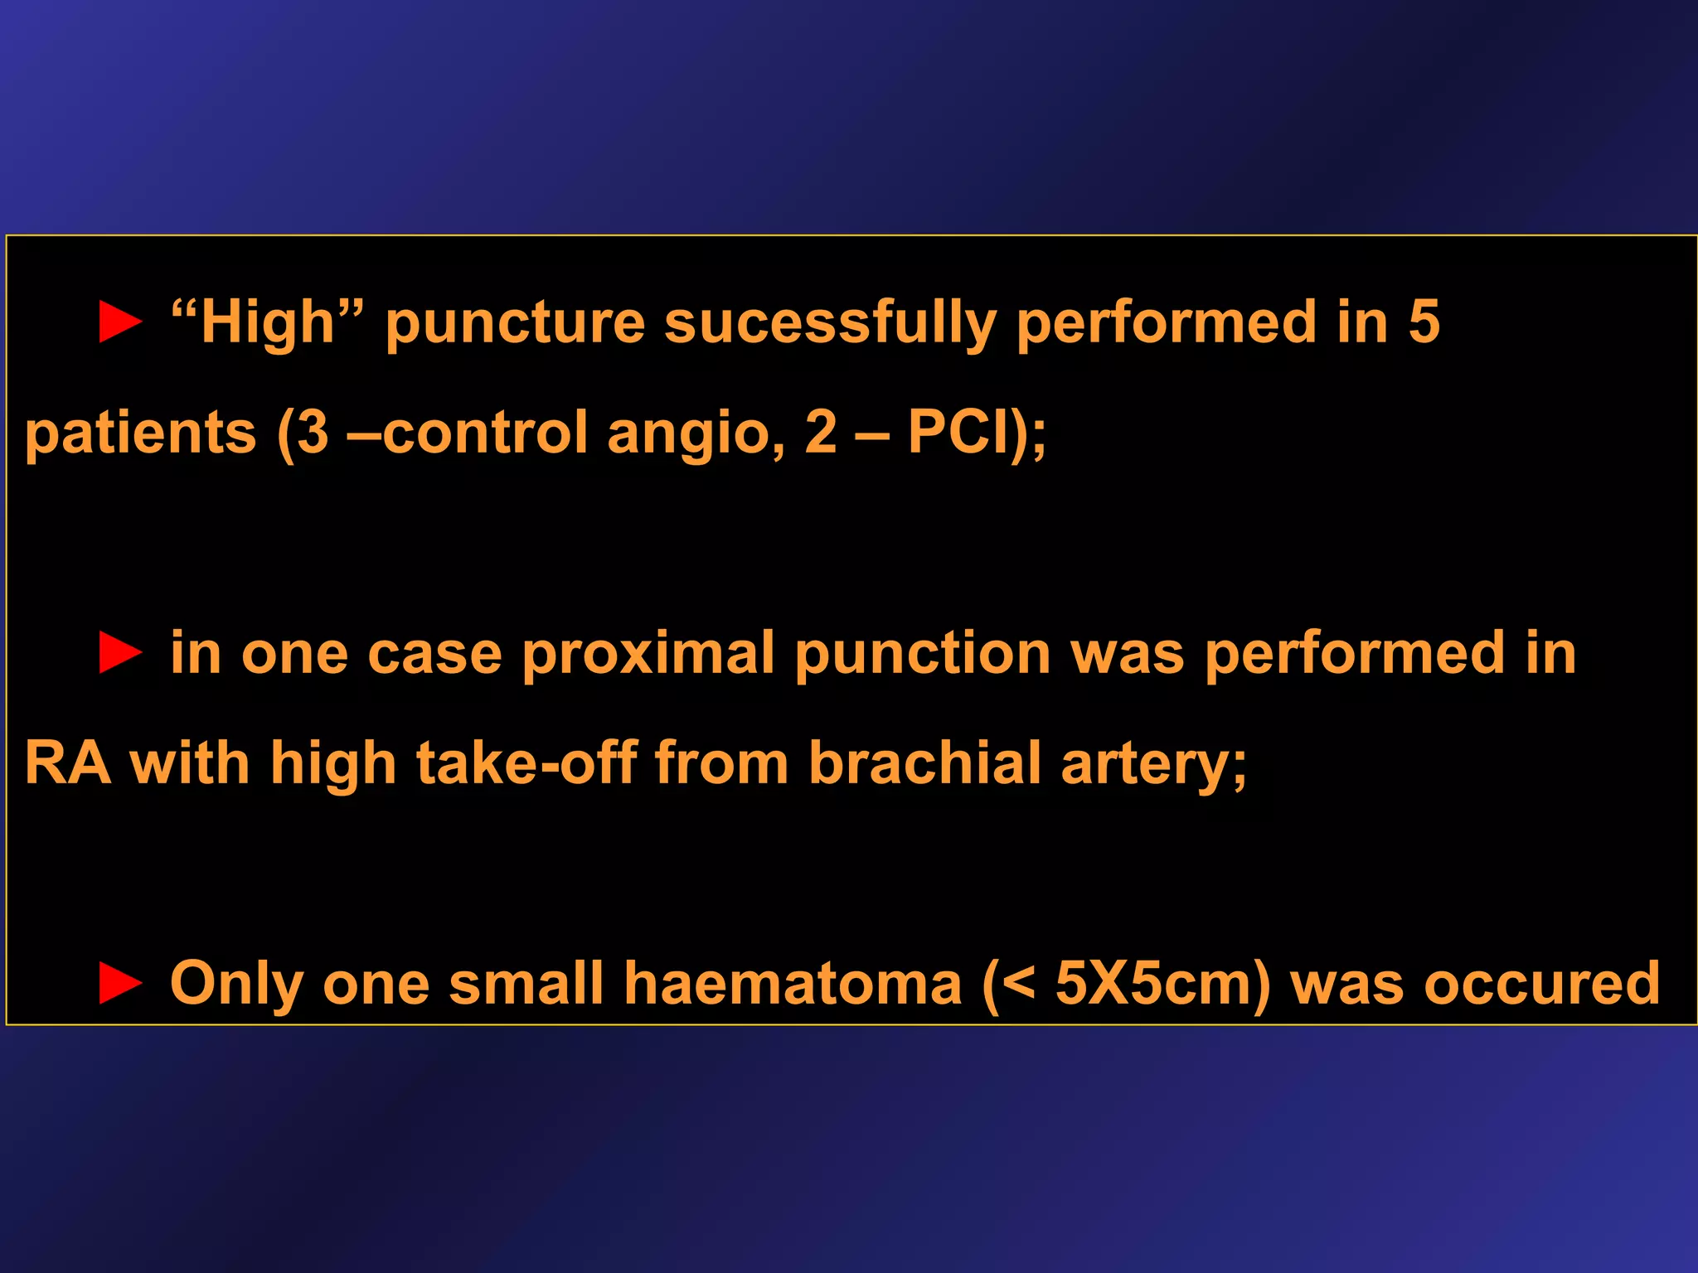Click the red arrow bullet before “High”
pyautogui.click(x=120, y=322)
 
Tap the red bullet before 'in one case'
pyautogui.click(x=120, y=652)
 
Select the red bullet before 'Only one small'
pyautogui.click(x=120, y=983)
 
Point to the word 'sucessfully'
pyautogui.click(x=829, y=323)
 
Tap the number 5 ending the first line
pyautogui.click(x=1424, y=322)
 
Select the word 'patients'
pyautogui.click(x=141, y=433)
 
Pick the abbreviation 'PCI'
pyautogui.click(x=958, y=432)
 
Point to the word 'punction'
pyautogui.click(x=923, y=653)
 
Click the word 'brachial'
pyautogui.click(x=924, y=762)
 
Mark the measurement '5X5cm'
pyautogui.click(x=1157, y=984)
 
